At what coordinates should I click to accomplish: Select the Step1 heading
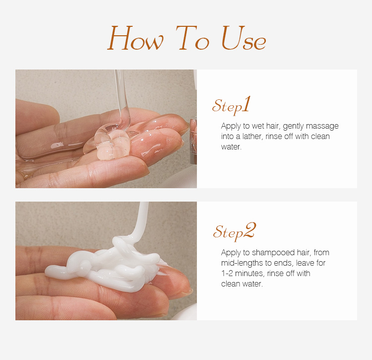tap(231, 105)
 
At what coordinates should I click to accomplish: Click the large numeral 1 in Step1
tap(247, 104)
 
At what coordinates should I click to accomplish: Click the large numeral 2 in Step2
tap(249, 230)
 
